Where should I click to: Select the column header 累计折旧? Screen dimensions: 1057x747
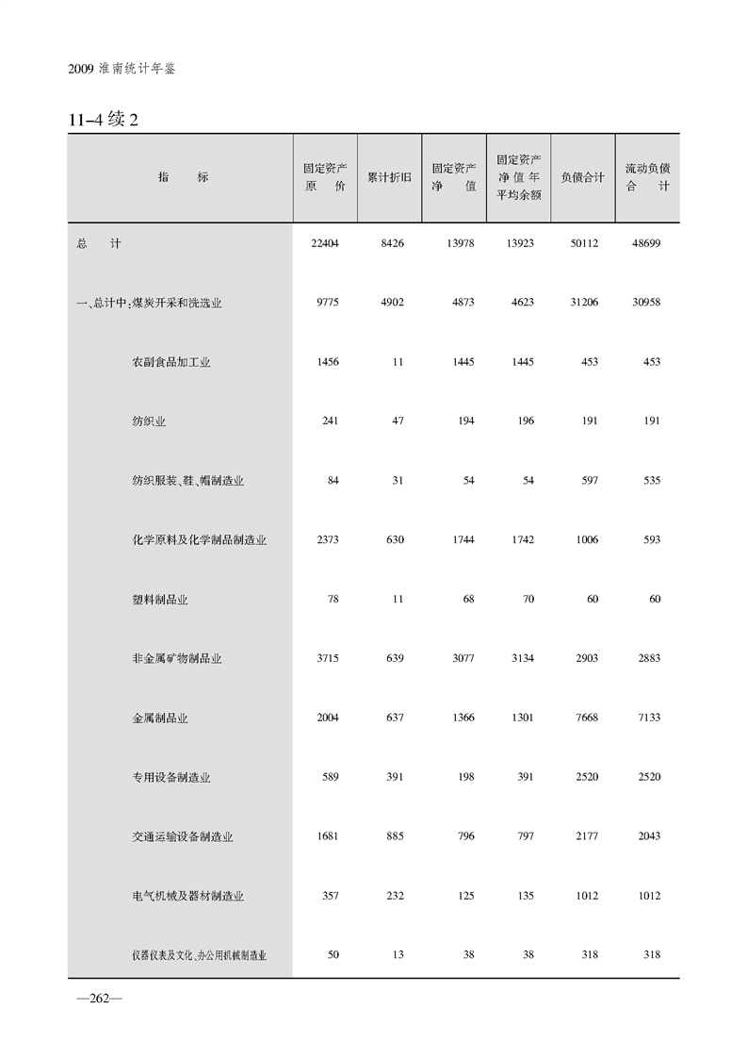tap(389, 177)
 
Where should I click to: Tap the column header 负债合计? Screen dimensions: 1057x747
tap(582, 177)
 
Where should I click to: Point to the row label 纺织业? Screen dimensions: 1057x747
tap(149, 421)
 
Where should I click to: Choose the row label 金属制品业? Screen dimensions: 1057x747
tap(160, 718)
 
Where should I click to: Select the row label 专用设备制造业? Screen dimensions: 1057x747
tap(171, 778)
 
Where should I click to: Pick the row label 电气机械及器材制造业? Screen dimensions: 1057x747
tap(188, 896)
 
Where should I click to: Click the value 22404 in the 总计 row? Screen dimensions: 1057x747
tap(324, 243)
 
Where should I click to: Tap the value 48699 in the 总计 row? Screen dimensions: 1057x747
tap(643, 243)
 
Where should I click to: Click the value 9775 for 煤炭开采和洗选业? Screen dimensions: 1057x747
tap(324, 303)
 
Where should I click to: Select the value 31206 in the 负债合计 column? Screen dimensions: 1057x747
tap(581, 303)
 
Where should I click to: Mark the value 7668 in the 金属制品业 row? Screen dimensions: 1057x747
tap(584, 718)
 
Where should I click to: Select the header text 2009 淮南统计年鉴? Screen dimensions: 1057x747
tap(122, 70)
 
